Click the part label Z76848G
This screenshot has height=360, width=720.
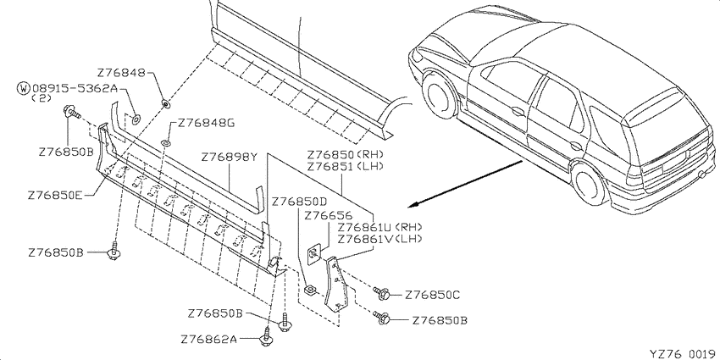tap(206, 123)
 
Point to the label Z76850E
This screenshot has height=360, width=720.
tap(55, 195)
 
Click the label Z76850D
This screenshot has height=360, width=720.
tap(299, 202)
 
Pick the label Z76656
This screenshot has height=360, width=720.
tap(328, 215)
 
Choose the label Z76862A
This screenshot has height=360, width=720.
tap(209, 340)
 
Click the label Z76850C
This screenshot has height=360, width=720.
tap(432, 296)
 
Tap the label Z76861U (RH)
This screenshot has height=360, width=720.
tap(379, 227)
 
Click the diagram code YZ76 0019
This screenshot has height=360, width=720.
tap(684, 353)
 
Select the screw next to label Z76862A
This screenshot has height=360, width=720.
tap(266, 335)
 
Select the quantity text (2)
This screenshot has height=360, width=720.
tap(42, 97)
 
